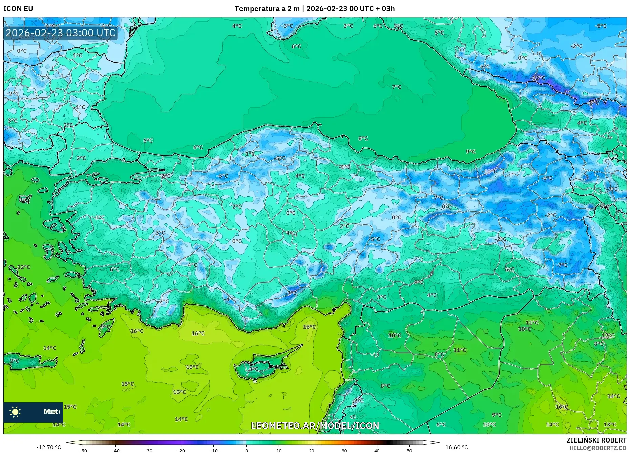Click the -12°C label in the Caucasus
point(538,78)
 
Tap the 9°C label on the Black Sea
point(471,152)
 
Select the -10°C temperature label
point(489,172)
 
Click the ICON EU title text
point(18,9)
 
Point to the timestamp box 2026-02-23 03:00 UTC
point(61,33)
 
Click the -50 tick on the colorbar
point(83,450)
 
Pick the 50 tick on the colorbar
point(409,450)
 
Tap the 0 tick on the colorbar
point(246,450)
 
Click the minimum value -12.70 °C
point(48,447)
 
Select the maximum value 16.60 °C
point(457,447)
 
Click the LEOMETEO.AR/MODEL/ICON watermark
point(315,426)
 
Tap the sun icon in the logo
point(15,412)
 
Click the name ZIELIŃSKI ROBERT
point(596,440)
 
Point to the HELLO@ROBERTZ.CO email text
point(598,448)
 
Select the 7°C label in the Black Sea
point(396,87)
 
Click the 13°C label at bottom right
point(610,424)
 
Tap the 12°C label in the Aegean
point(24,267)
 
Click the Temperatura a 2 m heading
point(267,9)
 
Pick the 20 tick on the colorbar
point(312,450)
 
